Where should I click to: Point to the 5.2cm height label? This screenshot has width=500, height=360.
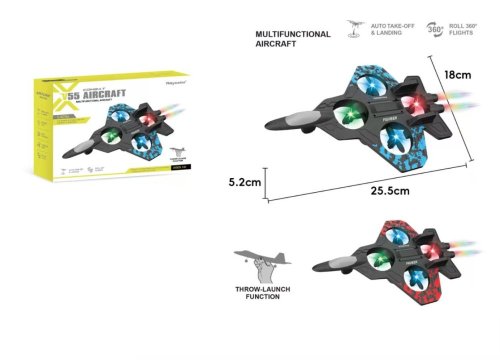point(244,183)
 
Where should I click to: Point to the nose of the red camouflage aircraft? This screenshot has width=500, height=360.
point(317,266)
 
